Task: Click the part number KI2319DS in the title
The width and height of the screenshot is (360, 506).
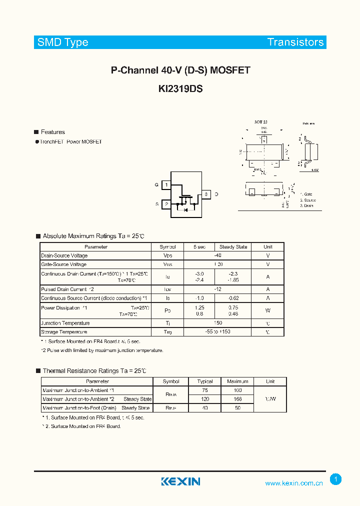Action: click(180, 88)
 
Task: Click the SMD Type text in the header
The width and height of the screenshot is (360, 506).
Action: click(62, 42)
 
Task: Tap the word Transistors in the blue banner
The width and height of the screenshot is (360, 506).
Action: click(295, 42)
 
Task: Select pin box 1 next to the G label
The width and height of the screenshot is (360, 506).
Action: click(166, 185)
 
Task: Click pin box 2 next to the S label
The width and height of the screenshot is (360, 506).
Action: click(166, 204)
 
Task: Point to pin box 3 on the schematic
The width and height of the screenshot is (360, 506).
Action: click(205, 194)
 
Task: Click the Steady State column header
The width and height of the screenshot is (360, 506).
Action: click(233, 247)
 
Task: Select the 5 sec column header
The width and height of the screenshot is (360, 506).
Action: click(199, 247)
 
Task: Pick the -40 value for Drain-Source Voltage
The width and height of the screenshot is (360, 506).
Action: click(217, 255)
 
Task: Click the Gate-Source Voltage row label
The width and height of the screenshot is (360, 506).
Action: click(64, 264)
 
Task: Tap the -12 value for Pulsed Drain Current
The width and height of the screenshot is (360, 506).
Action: click(217, 289)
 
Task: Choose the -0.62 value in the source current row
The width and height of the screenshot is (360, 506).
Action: click(233, 298)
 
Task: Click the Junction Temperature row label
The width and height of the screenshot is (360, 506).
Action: click(65, 323)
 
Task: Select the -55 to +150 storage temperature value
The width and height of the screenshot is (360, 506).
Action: click(217, 332)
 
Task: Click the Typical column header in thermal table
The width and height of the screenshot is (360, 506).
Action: click(205, 381)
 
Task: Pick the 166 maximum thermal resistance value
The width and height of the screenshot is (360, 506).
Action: click(237, 399)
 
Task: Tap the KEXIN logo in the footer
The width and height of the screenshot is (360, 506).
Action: click(180, 481)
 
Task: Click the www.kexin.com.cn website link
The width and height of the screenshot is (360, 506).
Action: click(294, 483)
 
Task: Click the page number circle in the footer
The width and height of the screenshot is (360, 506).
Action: click(336, 479)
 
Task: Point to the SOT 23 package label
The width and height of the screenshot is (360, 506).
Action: click(260, 122)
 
